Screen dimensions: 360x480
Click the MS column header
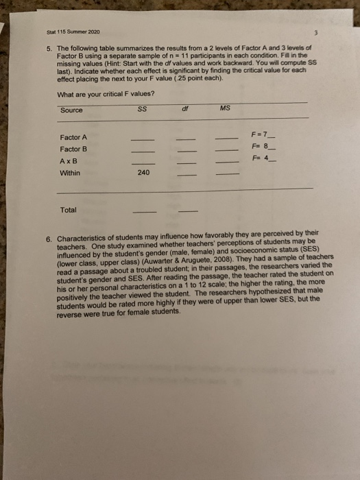(226, 107)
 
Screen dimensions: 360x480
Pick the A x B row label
(69, 162)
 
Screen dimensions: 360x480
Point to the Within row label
(70, 174)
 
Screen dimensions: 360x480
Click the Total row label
(69, 210)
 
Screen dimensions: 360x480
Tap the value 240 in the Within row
(143, 173)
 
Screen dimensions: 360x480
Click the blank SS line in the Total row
(143, 211)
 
